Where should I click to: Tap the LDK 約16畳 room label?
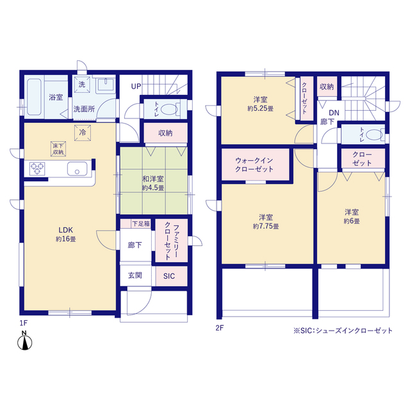[65, 234]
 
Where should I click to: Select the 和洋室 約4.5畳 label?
[153, 183]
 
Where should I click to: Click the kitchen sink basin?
[77, 168]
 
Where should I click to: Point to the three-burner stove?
[37, 168]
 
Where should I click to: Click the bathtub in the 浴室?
[34, 97]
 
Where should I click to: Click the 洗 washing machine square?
[82, 85]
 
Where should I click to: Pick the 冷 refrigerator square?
[83, 133]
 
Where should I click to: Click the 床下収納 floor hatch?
[58, 149]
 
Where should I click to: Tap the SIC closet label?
[169, 276]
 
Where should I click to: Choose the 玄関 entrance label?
[135, 275]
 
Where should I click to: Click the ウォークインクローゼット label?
[254, 165]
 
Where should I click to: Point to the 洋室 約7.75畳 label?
[266, 222]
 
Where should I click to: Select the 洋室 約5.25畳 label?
[261, 104]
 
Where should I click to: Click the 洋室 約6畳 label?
[352, 217]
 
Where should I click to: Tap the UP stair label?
[136, 86]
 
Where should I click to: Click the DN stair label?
[334, 113]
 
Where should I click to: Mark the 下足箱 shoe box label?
[141, 224]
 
